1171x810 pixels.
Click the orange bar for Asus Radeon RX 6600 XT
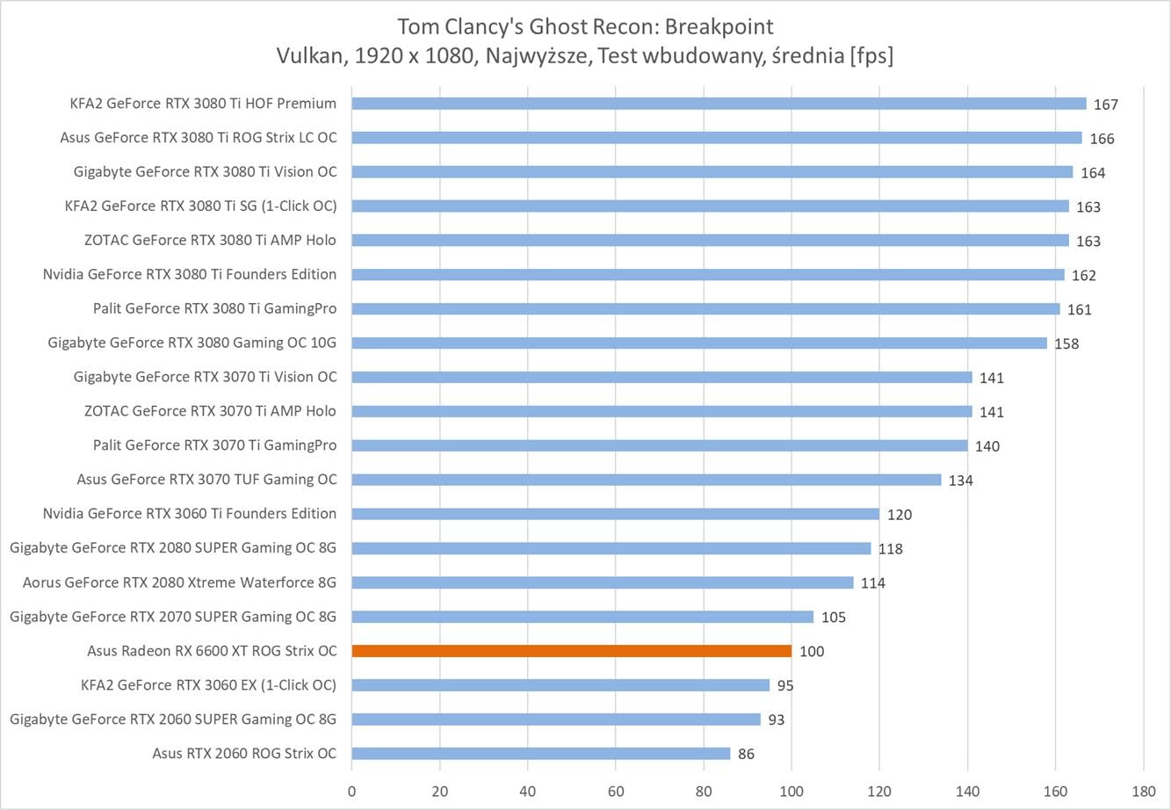pyautogui.click(x=571, y=651)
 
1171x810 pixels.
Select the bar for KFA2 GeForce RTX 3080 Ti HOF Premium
pyautogui.click(x=719, y=104)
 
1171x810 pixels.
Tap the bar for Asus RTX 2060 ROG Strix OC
pyautogui.click(x=540, y=754)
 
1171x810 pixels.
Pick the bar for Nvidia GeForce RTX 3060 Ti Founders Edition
pyautogui.click(x=615, y=514)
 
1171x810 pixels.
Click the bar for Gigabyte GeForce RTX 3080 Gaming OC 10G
pyautogui.click(x=698, y=343)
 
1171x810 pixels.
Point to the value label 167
pyautogui.click(x=1106, y=105)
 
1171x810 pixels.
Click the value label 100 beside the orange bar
pyautogui.click(x=812, y=652)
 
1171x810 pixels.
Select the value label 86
pyautogui.click(x=746, y=755)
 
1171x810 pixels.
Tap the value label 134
pyautogui.click(x=961, y=481)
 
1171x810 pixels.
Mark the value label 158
pyautogui.click(x=1066, y=344)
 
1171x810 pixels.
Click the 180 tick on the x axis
pyautogui.click(x=1144, y=791)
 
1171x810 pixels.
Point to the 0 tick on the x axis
pyautogui.click(x=352, y=791)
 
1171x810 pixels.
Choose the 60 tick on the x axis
pyautogui.click(x=616, y=791)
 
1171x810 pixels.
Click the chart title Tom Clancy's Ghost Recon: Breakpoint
pyautogui.click(x=585, y=25)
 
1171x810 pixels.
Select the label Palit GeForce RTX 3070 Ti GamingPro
pyautogui.click(x=214, y=445)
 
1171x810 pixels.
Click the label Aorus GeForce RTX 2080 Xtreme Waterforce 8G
pyautogui.click(x=179, y=582)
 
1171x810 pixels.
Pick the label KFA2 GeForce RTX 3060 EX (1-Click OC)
pyautogui.click(x=208, y=685)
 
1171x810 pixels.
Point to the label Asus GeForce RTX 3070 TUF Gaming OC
pyautogui.click(x=206, y=480)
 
